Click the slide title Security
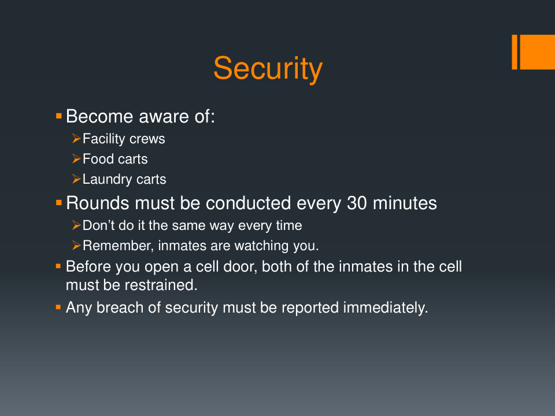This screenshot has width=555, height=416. point(268,68)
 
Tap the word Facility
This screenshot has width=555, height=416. point(103,139)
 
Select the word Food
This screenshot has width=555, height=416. point(98,159)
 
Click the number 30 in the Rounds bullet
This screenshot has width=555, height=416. point(357,203)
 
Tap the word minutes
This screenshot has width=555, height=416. point(405,203)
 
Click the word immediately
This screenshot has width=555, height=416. point(386,307)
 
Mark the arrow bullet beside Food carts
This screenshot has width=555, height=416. point(76,159)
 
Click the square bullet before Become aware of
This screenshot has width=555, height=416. point(59,116)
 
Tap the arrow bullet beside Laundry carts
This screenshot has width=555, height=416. point(76,179)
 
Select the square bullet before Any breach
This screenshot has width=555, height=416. point(58,307)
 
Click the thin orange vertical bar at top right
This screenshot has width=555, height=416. point(515,52)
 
